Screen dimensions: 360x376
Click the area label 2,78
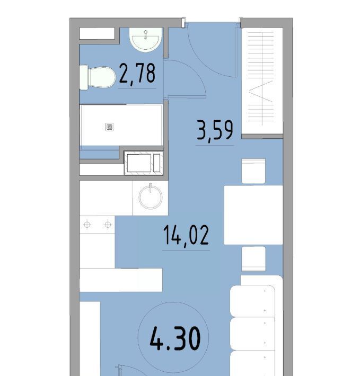click(x=137, y=73)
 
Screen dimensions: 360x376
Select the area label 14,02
click(x=186, y=235)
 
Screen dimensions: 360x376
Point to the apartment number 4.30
click(x=175, y=338)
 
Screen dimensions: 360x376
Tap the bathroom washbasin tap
click(x=145, y=34)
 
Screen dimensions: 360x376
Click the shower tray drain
click(x=110, y=127)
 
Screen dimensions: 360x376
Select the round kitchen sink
click(x=151, y=198)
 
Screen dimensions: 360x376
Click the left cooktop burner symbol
click(x=87, y=225)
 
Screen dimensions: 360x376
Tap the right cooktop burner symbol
click(x=108, y=225)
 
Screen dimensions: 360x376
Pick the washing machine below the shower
click(x=144, y=163)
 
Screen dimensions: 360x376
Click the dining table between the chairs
click(x=253, y=215)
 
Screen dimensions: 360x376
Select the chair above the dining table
click(x=253, y=171)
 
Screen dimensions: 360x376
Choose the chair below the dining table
click(x=253, y=258)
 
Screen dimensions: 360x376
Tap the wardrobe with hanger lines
click(x=262, y=81)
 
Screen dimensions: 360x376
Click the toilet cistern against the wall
click(x=84, y=77)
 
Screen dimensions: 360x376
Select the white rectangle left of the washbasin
click(x=97, y=33)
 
